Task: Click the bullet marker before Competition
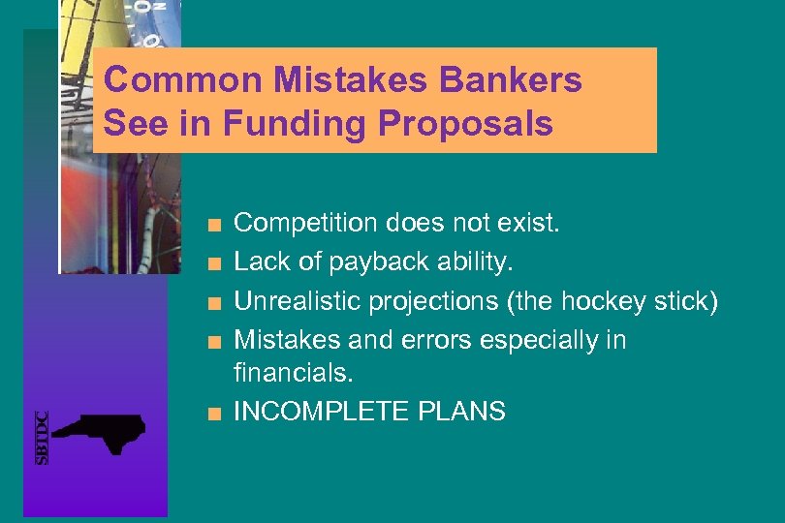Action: pyautogui.click(x=221, y=226)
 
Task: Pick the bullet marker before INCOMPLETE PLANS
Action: pyautogui.click(x=221, y=414)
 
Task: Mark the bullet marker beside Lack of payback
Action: pyautogui.click(x=221, y=264)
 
